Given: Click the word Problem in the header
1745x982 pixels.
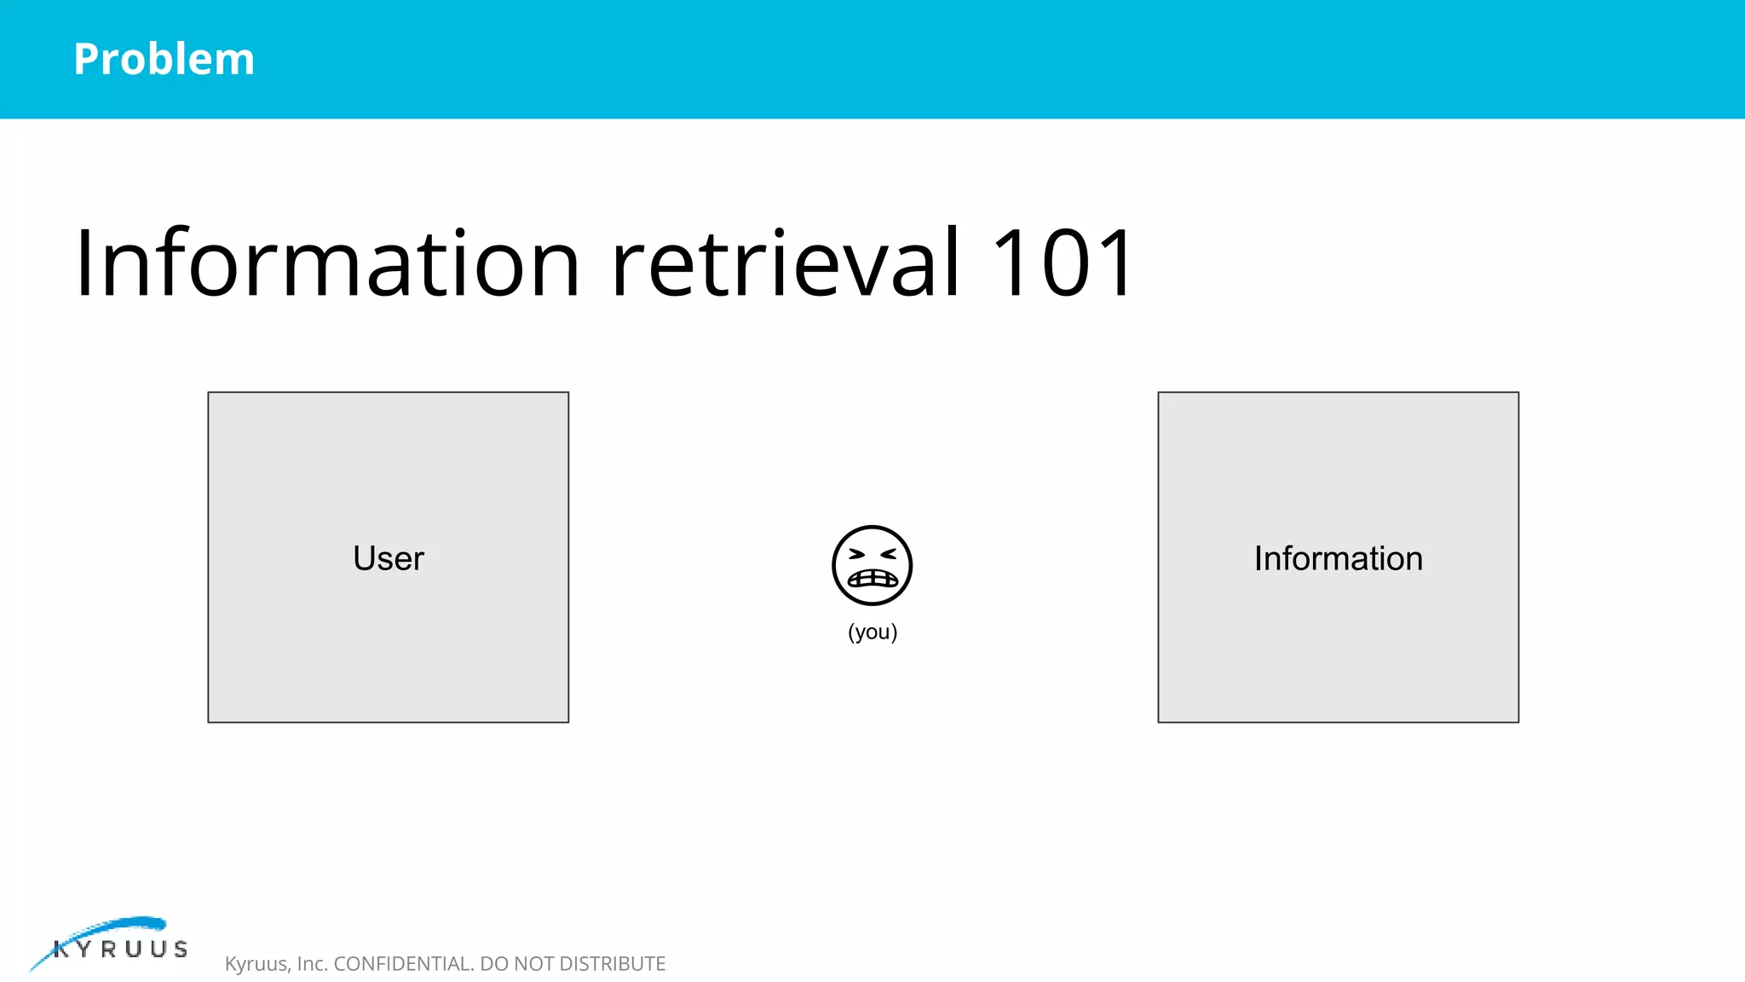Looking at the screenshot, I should coord(164,60).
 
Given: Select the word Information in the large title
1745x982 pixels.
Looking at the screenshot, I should coord(327,263).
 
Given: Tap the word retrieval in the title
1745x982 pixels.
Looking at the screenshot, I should coord(786,263).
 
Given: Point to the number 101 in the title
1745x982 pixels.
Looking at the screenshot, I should coord(1063,263).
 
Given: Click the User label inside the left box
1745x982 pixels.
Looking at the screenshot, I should coord(389,558).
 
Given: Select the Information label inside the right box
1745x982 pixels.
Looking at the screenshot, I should coord(1338,558).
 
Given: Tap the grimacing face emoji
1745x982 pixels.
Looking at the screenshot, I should coord(872,565).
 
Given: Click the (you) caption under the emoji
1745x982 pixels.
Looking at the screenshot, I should coord(872,632).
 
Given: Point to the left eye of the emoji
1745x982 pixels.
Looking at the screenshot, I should coord(856,554).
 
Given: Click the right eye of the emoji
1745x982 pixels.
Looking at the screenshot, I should coord(888,554).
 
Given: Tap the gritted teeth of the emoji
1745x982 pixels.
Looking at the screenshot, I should coord(872,579).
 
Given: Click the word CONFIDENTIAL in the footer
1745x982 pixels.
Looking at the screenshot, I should coord(404,963).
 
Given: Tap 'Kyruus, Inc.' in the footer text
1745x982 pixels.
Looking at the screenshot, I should coord(276,963).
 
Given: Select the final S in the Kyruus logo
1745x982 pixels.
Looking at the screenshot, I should coord(181,949).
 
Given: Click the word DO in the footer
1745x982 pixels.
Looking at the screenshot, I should coord(493,963).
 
